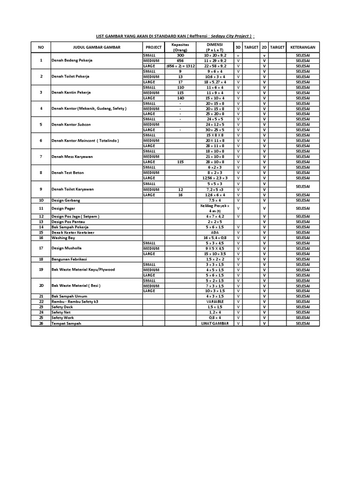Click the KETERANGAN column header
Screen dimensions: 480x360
(302, 47)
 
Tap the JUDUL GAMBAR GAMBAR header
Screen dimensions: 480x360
(97, 47)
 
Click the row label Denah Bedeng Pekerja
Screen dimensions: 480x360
(72, 61)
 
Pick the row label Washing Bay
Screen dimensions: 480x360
(63, 238)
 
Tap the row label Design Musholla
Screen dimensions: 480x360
(67, 248)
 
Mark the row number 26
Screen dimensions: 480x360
(41, 323)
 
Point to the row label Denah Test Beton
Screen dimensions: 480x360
(68, 172)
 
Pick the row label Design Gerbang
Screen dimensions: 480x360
(66, 200)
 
